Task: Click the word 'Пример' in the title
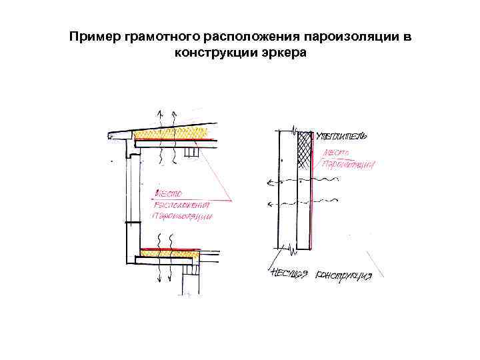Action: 94,36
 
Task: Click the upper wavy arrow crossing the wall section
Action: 283,180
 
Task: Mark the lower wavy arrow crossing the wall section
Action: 283,202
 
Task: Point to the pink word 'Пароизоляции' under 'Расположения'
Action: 182,217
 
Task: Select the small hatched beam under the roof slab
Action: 193,153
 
